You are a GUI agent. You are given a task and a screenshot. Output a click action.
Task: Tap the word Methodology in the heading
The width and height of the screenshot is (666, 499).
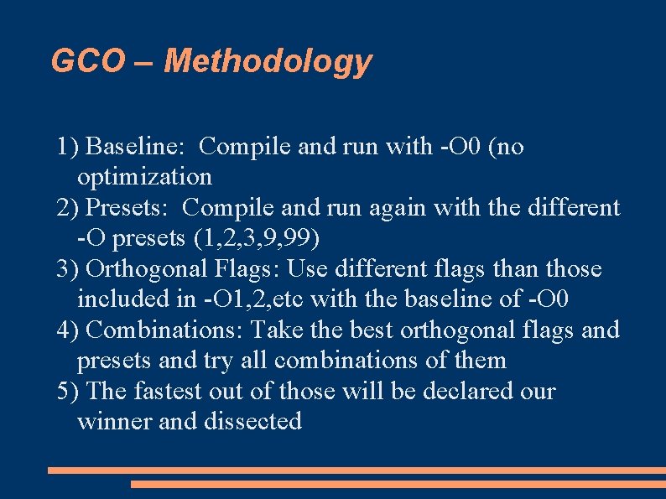[x=268, y=61]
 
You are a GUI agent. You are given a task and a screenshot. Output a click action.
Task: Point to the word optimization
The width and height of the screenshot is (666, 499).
[x=144, y=177]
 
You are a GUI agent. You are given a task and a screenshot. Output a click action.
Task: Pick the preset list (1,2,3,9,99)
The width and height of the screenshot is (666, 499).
[x=256, y=238]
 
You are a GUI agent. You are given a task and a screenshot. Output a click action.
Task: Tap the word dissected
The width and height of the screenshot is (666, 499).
[x=252, y=421]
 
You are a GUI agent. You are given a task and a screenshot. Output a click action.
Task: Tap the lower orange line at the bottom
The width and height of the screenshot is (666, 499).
[x=398, y=484]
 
